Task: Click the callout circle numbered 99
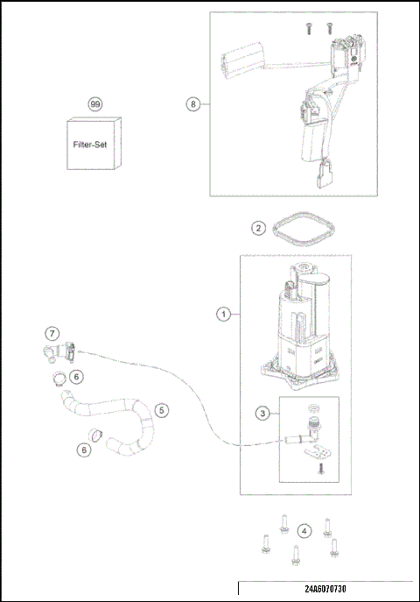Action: click(95, 104)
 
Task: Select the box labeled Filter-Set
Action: click(95, 145)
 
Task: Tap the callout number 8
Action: click(192, 104)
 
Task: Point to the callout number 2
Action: click(258, 228)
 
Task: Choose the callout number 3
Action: click(262, 413)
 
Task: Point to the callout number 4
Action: click(303, 531)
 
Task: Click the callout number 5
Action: click(161, 409)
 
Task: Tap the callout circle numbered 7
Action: click(52, 334)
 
